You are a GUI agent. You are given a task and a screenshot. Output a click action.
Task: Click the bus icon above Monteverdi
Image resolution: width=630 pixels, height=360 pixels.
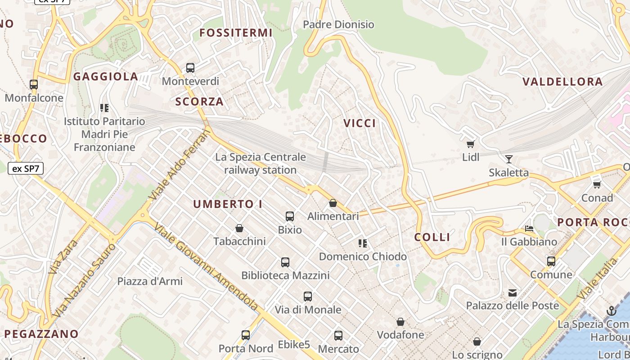[190, 68]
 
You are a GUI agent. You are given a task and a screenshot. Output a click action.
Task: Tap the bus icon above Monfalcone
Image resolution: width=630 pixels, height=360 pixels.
[34, 84]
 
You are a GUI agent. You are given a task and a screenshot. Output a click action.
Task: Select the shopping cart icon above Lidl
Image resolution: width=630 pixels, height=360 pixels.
[471, 144]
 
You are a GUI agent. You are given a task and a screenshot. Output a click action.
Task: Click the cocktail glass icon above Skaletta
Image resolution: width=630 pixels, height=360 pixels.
[509, 159]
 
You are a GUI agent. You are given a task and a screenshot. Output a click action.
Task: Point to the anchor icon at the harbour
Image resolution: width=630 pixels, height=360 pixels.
[611, 310]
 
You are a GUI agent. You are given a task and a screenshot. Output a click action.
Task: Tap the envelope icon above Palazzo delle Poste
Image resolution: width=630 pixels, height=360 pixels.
[513, 293]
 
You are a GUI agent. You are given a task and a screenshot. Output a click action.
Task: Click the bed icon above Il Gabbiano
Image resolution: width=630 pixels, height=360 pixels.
[529, 229]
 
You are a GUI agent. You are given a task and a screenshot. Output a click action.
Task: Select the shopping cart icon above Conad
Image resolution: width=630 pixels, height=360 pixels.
[597, 184]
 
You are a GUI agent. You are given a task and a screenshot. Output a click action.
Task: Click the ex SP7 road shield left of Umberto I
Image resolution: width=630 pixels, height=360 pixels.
[25, 169]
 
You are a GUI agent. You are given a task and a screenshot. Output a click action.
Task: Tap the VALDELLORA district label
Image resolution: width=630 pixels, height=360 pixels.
[562, 81]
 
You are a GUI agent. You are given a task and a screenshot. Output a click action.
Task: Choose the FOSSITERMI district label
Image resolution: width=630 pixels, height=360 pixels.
[236, 32]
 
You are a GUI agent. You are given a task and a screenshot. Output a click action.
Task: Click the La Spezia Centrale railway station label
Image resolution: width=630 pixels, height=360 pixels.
[261, 163]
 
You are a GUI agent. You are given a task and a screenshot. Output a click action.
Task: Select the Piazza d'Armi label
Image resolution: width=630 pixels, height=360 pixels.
[150, 281]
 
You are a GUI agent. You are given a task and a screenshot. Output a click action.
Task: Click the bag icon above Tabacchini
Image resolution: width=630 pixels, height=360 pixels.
[239, 228]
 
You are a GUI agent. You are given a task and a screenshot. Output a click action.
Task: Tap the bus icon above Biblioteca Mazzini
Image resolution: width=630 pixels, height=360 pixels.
[285, 262]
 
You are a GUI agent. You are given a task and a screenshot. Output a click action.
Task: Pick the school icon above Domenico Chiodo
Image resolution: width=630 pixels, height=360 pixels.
[363, 243]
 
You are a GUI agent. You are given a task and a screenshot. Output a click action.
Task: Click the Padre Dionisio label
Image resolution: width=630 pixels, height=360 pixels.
[338, 24]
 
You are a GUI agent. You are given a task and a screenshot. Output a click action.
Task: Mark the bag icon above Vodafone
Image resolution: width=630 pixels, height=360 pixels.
[400, 322]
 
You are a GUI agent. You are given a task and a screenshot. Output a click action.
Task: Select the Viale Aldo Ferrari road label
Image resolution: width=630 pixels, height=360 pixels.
[180, 164]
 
